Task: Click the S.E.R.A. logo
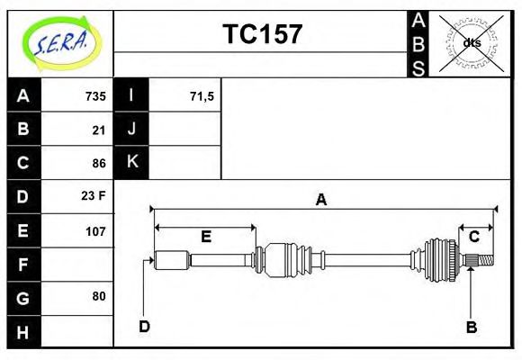60,42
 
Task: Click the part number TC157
262,34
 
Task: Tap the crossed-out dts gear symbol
471,42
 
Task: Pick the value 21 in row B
99,130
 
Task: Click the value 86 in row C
99,163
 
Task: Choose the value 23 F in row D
94,195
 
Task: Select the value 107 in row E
95,230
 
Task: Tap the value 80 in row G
99,296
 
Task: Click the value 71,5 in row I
202,95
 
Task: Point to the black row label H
23,332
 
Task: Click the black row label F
23,264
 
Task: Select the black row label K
132,162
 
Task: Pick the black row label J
132,129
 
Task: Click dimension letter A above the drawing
320,200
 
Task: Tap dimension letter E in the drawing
205,237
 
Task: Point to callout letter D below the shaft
144,326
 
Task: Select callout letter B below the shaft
471,327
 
